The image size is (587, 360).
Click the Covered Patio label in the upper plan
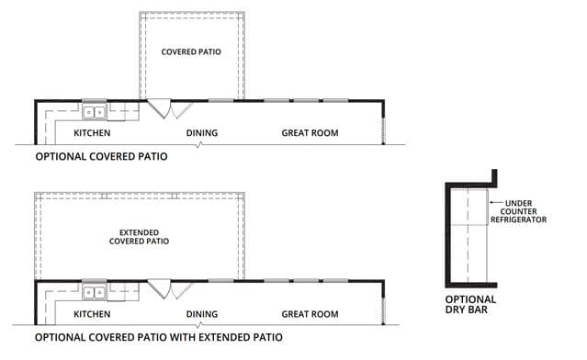pyautogui.click(x=191, y=51)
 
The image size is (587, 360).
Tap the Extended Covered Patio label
pyautogui.click(x=139, y=237)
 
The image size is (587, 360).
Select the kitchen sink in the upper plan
pyautogui.click(x=95, y=112)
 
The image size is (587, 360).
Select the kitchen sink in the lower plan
pyautogui.click(x=95, y=292)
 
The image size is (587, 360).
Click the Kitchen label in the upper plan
pyautogui.click(x=92, y=133)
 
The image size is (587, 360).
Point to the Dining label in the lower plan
pyautogui.click(x=202, y=314)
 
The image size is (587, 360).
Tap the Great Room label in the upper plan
pyautogui.click(x=310, y=133)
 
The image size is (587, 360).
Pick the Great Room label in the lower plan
pyautogui.click(x=310, y=314)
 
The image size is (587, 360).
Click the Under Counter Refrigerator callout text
pyautogui.click(x=518, y=211)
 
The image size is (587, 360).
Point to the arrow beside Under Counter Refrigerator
pyautogui.click(x=496, y=202)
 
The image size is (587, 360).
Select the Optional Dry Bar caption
pyautogui.click(x=470, y=305)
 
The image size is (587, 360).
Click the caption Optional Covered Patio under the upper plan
pyautogui.click(x=101, y=156)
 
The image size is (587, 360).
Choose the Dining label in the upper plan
pyautogui.click(x=202, y=133)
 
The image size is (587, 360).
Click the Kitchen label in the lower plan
pyautogui.click(x=92, y=314)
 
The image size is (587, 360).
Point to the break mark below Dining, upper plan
pyautogui.click(x=199, y=144)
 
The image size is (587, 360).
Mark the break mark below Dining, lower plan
pyautogui.click(x=199, y=325)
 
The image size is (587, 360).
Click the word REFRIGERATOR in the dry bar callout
pyautogui.click(x=518, y=219)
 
